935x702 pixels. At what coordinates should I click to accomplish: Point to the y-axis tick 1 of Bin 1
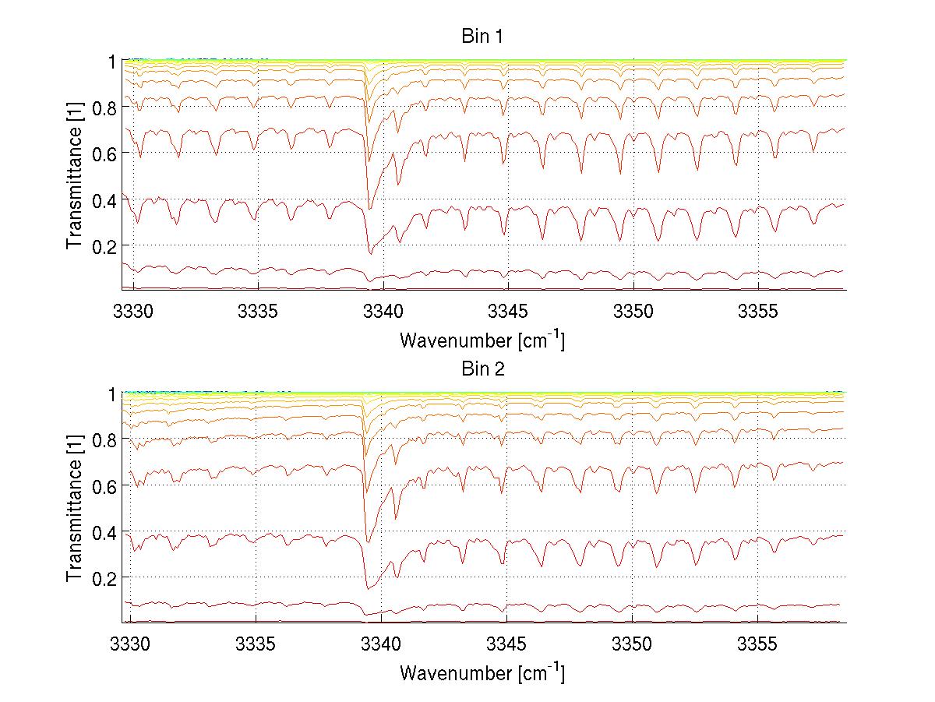tap(112, 62)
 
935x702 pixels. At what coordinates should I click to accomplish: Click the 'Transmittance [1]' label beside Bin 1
tap(75, 175)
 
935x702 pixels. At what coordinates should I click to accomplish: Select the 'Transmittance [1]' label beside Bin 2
tap(75, 508)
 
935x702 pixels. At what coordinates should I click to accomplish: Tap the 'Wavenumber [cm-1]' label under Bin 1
tap(482, 340)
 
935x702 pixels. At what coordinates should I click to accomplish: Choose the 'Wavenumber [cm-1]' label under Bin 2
tap(482, 672)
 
